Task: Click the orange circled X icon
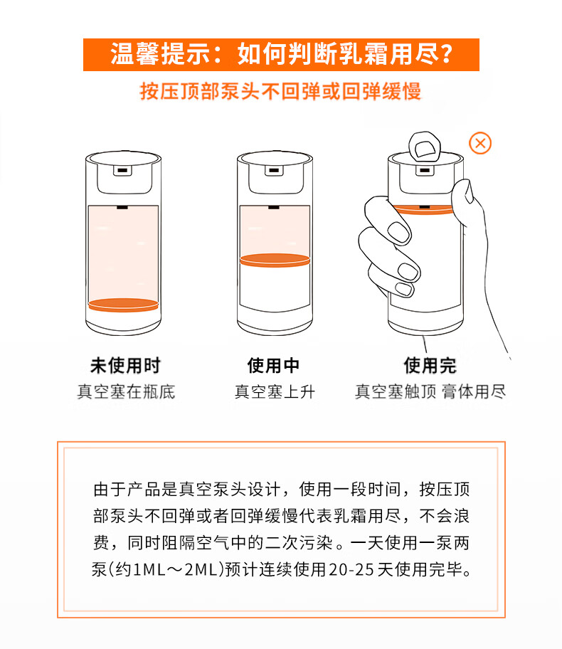pos(480,143)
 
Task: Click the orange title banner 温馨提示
pos(281,55)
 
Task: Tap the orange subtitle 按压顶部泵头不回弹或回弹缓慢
pos(280,92)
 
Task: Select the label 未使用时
pos(125,366)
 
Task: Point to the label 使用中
pos(274,366)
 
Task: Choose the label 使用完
pos(430,366)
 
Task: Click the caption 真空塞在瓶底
pos(126,391)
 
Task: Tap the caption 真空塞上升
pos(275,391)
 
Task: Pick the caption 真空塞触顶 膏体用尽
pos(430,391)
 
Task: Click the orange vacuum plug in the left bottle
pos(123,305)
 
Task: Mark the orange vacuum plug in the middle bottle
pos(275,260)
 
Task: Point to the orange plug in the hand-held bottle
pos(424,210)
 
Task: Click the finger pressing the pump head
pos(425,146)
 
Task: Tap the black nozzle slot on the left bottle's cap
pos(122,170)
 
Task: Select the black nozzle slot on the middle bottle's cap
pos(274,170)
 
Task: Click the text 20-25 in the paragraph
pos(351,569)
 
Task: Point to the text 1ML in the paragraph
pos(149,569)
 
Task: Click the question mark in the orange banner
pos(446,55)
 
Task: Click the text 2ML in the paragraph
pos(201,569)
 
